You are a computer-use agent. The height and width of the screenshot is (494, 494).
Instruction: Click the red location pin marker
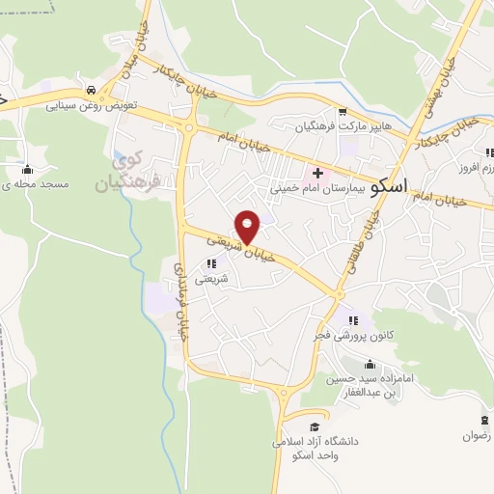pos(248,227)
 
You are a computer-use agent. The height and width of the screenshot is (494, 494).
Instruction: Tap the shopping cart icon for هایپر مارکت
pos(342,111)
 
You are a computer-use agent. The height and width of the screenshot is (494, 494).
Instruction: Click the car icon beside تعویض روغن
pos(90,90)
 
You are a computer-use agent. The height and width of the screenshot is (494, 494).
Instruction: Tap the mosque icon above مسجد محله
pos(28,168)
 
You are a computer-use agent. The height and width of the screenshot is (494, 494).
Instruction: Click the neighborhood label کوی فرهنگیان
pos(120,171)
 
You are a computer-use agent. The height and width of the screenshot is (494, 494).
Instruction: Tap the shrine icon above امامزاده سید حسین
pos(370,364)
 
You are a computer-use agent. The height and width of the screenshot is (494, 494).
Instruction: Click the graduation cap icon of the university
pos(314,425)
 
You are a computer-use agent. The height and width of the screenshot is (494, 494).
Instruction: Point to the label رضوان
pos(478,435)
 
